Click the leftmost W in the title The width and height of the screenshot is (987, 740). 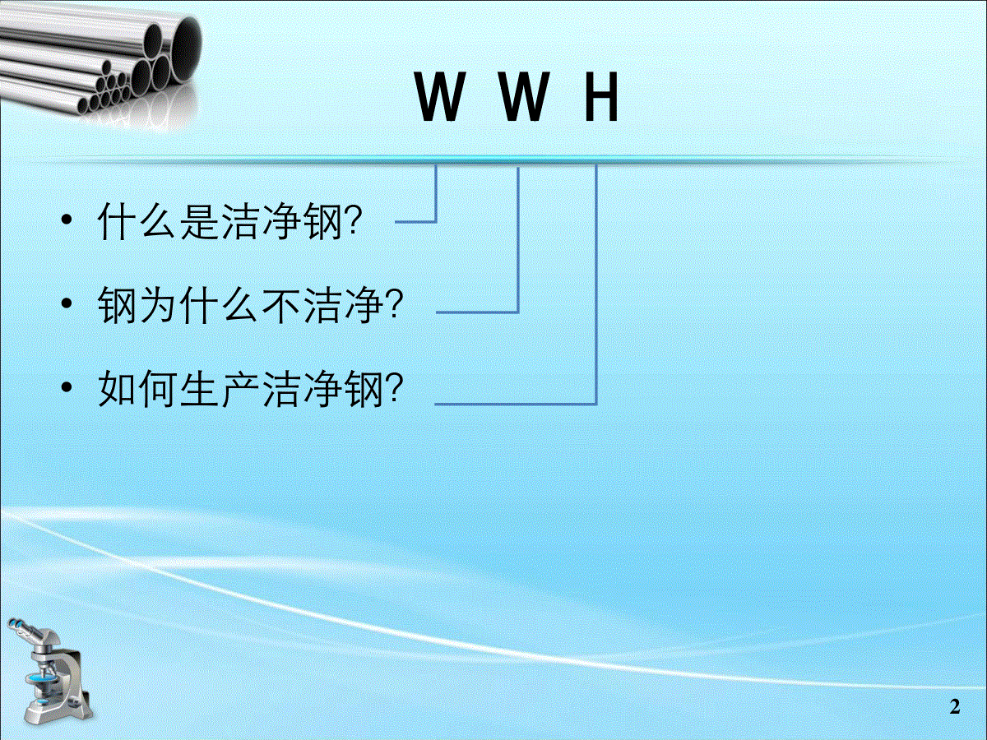pyautogui.click(x=439, y=96)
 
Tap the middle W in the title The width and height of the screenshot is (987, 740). pyautogui.click(x=525, y=96)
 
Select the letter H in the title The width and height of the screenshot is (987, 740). pyautogui.click(x=601, y=96)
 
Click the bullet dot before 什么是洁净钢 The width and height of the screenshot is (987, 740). pyautogui.click(x=67, y=220)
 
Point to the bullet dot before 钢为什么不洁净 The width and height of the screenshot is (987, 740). pyautogui.click(x=67, y=304)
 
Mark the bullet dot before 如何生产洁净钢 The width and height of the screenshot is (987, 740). pyautogui.click(x=67, y=387)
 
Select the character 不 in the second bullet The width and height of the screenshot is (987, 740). pyautogui.click(x=281, y=304)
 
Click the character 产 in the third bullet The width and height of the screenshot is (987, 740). pyautogui.click(x=240, y=388)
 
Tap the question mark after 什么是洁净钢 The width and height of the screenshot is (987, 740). pyautogui.click(x=354, y=220)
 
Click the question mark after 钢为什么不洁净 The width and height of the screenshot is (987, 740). pyautogui.click(x=395, y=303)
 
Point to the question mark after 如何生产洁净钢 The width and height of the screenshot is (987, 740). pyautogui.click(x=395, y=387)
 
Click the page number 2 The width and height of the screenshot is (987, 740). pyautogui.click(x=955, y=707)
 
